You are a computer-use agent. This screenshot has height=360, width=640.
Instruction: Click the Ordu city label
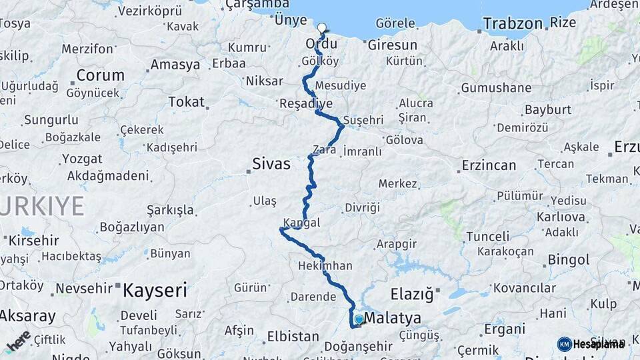321,43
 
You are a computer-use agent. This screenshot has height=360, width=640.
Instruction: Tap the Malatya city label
393,318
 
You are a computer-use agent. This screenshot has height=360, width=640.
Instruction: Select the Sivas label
271,163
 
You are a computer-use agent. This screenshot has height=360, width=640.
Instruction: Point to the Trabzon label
513,24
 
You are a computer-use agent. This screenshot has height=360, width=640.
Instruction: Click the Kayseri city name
155,290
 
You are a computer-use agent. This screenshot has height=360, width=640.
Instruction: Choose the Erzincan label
489,165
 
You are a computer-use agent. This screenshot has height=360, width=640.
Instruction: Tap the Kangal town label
301,222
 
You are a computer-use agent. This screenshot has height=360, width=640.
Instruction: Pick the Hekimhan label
327,265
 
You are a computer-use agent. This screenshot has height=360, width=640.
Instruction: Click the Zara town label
325,150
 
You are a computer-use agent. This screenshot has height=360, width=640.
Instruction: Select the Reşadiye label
306,103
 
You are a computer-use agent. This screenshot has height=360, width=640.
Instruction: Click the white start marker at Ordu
322,28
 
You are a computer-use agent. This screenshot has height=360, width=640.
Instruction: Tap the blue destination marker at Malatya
359,320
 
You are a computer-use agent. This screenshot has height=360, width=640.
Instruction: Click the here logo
18,341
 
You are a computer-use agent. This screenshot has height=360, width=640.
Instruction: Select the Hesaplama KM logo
591,344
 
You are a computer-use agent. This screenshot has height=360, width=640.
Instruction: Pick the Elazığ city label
411,293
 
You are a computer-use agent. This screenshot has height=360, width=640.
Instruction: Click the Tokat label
186,101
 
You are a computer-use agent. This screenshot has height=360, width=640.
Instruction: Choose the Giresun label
392,45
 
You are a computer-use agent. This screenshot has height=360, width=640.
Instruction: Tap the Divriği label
362,208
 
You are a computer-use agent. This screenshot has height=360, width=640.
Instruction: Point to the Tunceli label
487,236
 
